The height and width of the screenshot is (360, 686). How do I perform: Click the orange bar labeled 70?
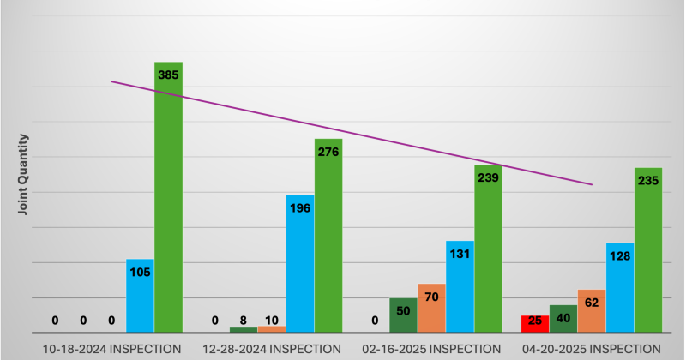[x=431, y=309]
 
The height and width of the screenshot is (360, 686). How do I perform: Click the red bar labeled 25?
[x=535, y=324]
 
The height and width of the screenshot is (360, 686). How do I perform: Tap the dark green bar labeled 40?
[x=563, y=319]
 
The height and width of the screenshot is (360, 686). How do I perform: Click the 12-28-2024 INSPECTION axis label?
[x=272, y=349]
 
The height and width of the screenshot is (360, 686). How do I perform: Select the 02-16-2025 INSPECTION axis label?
[x=431, y=349]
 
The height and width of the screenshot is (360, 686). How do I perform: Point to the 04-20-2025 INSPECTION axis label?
[x=592, y=349]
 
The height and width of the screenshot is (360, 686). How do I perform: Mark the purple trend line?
[x=352, y=134]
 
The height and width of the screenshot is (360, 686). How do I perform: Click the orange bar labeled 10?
[x=272, y=329]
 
